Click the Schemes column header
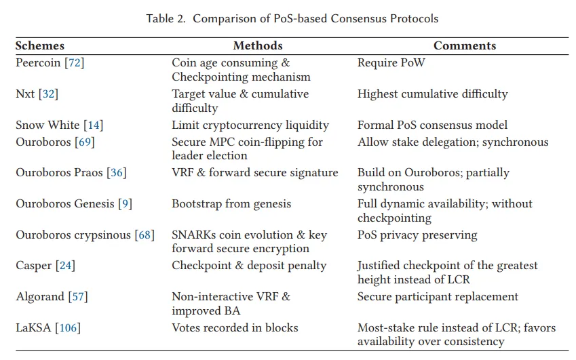[x=39, y=45]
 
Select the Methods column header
[x=258, y=45]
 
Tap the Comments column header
[x=465, y=45]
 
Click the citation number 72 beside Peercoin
[x=75, y=63]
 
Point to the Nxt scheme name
[x=25, y=94]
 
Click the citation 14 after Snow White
[x=94, y=125]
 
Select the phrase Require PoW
[x=391, y=63]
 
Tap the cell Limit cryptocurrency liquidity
[x=250, y=125]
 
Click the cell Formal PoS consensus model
[x=432, y=125]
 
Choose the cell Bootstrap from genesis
[x=231, y=203]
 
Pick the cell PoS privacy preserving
[x=417, y=235]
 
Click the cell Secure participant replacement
[x=438, y=296]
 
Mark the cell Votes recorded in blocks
[x=235, y=327]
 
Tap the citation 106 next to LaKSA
[x=68, y=327]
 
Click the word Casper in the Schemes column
[x=34, y=266]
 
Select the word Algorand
[x=40, y=296]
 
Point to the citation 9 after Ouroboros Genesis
[x=125, y=203]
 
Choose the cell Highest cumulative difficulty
[x=432, y=94]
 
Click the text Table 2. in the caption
[x=166, y=18]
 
